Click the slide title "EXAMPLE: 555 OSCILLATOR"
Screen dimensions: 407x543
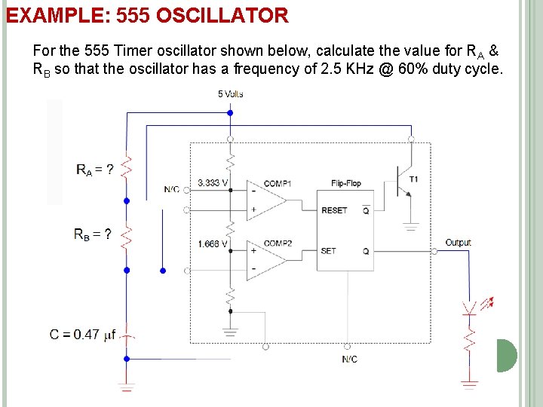point(147,15)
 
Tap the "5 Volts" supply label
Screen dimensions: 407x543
point(230,94)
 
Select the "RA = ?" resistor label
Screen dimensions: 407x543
point(95,170)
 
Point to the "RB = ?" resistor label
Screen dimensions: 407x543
point(93,234)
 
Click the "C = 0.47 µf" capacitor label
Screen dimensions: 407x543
point(82,335)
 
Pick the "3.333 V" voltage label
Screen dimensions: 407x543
point(213,182)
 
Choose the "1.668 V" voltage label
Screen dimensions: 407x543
point(213,243)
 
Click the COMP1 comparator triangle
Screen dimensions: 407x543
point(264,200)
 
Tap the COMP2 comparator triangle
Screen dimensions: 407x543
point(264,261)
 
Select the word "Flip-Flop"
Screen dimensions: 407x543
point(347,183)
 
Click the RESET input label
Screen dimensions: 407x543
point(334,210)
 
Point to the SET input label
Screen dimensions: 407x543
point(329,251)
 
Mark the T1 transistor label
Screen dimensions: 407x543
point(413,179)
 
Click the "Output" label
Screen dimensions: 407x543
point(458,243)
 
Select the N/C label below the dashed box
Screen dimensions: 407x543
point(349,360)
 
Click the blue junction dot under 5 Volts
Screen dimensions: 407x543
point(230,113)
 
